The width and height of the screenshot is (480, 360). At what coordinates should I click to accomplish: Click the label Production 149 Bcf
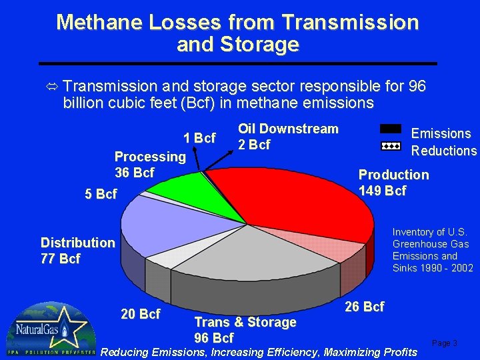pos(393,183)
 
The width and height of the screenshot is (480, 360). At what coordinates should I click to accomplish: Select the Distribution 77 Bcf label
pos(77,251)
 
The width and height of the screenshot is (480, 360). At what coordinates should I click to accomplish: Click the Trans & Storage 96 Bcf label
pos(245,330)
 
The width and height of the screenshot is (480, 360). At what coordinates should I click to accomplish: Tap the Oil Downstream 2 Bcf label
pos(288,137)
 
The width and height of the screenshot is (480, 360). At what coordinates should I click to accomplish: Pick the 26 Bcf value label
pos(365,307)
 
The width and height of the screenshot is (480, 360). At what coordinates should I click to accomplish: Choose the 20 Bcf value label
pos(140,314)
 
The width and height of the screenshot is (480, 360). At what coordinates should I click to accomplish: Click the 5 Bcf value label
pos(101,195)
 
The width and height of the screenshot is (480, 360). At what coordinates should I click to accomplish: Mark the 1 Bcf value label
pos(199,138)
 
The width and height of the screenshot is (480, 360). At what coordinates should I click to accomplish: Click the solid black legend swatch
pos(391,129)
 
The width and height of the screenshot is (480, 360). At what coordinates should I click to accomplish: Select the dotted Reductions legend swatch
pos(391,145)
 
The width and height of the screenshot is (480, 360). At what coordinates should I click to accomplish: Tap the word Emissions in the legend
pos(441,133)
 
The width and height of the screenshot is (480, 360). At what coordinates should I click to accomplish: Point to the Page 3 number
pos(445,343)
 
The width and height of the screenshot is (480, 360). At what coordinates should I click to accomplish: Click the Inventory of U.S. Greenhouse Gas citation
pos(433,250)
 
